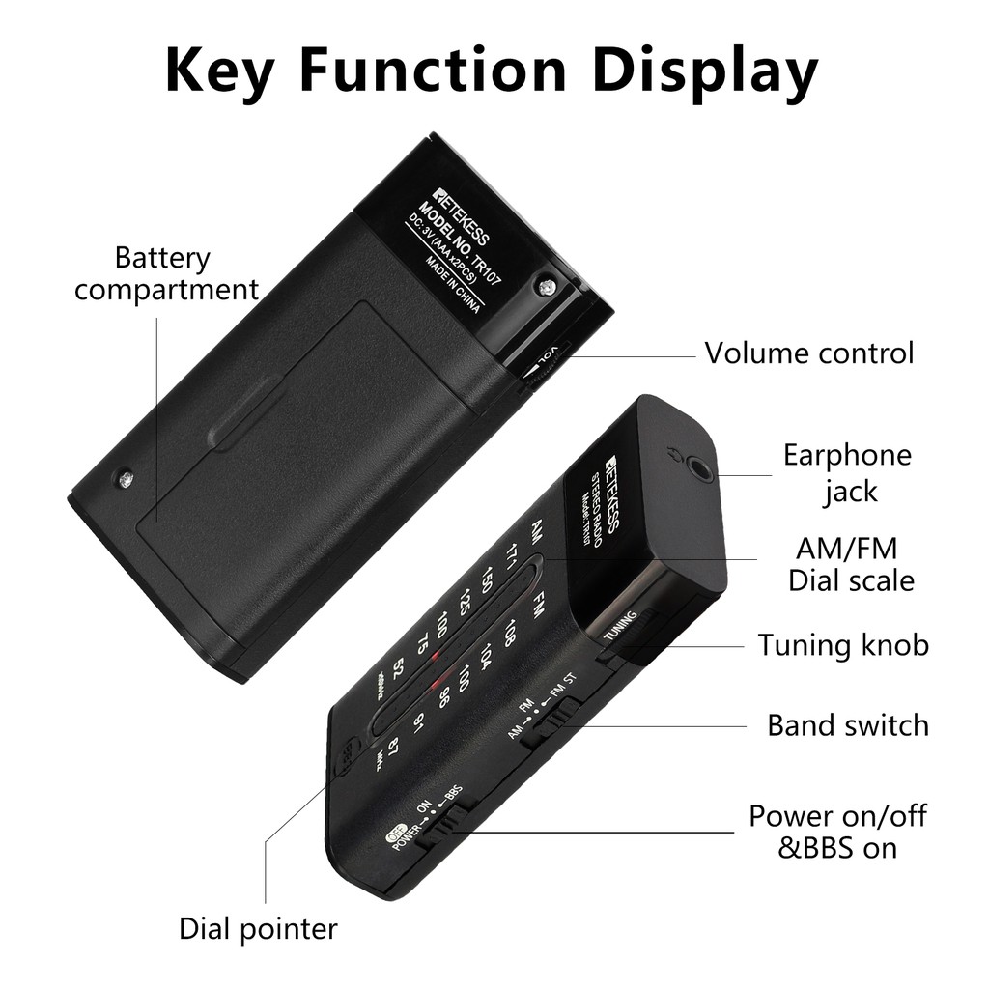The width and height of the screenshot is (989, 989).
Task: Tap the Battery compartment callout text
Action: tap(165, 273)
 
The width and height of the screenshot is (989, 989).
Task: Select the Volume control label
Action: tap(808, 353)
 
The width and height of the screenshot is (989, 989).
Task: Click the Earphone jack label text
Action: tap(847, 472)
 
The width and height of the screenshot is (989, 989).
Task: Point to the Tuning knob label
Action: tap(843, 644)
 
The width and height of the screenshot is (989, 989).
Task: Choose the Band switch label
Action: tap(847, 724)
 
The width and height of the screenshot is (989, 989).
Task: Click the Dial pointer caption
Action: tap(258, 929)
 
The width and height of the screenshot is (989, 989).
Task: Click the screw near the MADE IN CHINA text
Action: tap(547, 287)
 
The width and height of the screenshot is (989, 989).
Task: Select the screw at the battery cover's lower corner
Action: tap(125, 477)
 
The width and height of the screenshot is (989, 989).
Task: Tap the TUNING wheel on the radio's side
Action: tap(623, 628)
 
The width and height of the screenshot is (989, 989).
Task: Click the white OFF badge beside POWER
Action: tap(393, 838)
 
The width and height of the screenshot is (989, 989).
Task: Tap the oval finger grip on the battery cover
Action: tap(245, 413)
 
